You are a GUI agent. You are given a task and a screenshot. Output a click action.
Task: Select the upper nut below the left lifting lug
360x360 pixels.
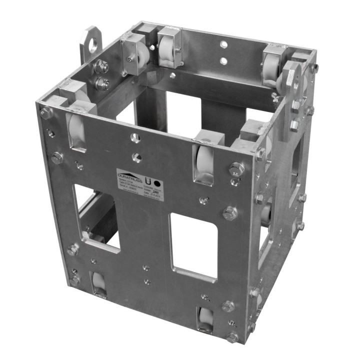click(101, 65)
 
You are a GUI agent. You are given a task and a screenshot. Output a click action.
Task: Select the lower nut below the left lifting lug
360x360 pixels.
click(101, 84)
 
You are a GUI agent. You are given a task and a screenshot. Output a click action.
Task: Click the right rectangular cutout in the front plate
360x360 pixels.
click(193, 244)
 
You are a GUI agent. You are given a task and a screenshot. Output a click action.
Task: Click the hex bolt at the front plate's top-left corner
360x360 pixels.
click(46, 112)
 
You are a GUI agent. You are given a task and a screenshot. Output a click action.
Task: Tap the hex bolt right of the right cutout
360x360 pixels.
click(229, 213)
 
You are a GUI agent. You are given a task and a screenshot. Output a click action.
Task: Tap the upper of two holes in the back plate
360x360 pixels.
click(224, 45)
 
